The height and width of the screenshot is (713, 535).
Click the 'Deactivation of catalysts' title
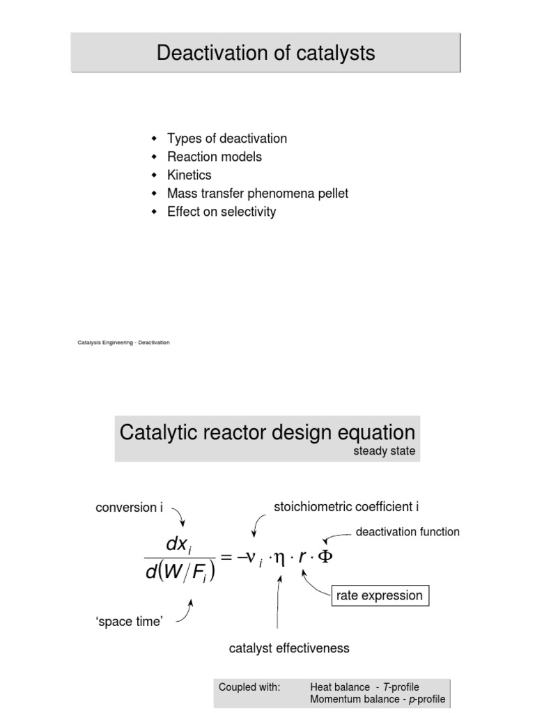265,53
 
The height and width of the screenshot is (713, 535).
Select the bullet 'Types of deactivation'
226,139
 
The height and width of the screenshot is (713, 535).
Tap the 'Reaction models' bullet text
215,157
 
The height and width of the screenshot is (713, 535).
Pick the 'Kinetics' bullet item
189,175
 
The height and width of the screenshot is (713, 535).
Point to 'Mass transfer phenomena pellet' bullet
258,194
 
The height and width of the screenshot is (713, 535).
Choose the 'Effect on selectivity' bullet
222,212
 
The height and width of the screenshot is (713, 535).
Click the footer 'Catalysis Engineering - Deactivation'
123,343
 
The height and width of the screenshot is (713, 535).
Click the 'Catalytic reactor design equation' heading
267,432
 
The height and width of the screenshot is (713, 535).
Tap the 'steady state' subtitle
384,451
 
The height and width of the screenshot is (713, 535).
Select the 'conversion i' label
129,508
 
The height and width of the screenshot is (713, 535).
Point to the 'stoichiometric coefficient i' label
346,507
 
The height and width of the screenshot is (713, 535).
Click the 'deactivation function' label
408,532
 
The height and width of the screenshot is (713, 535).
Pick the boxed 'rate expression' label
379,595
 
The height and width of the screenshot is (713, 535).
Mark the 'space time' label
129,622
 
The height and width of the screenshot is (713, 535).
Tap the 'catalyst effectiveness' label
289,648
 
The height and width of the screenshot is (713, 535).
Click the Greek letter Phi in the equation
325,558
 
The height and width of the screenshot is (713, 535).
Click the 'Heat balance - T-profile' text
364,687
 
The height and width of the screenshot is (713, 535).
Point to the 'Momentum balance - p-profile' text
377,699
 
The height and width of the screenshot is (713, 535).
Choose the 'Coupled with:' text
249,687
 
